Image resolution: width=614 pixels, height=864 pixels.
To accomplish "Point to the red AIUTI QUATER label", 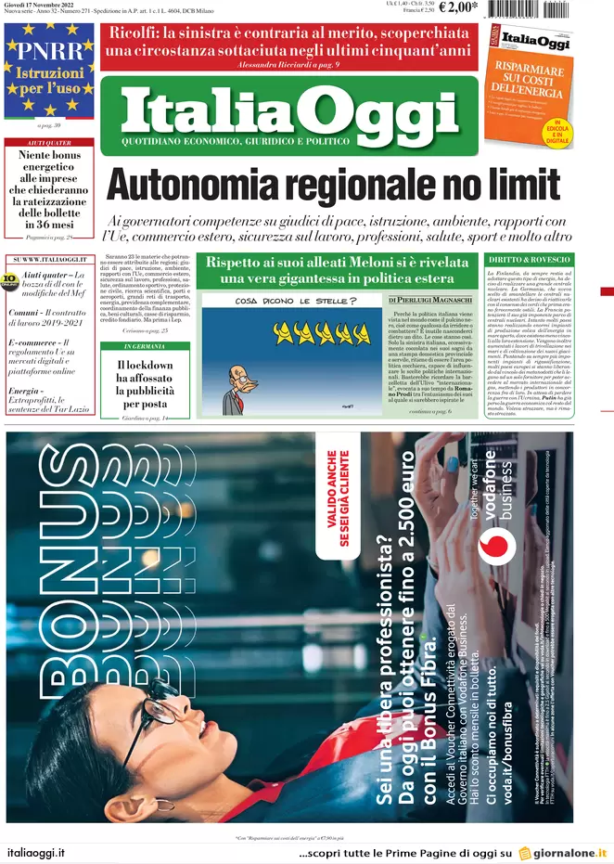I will click(x=49, y=142).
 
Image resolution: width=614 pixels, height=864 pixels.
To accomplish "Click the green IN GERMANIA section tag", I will click(x=144, y=345).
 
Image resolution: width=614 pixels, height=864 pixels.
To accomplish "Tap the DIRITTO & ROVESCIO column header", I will click(x=530, y=259).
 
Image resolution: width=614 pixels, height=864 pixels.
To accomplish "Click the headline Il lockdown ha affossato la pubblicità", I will click(x=144, y=384).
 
